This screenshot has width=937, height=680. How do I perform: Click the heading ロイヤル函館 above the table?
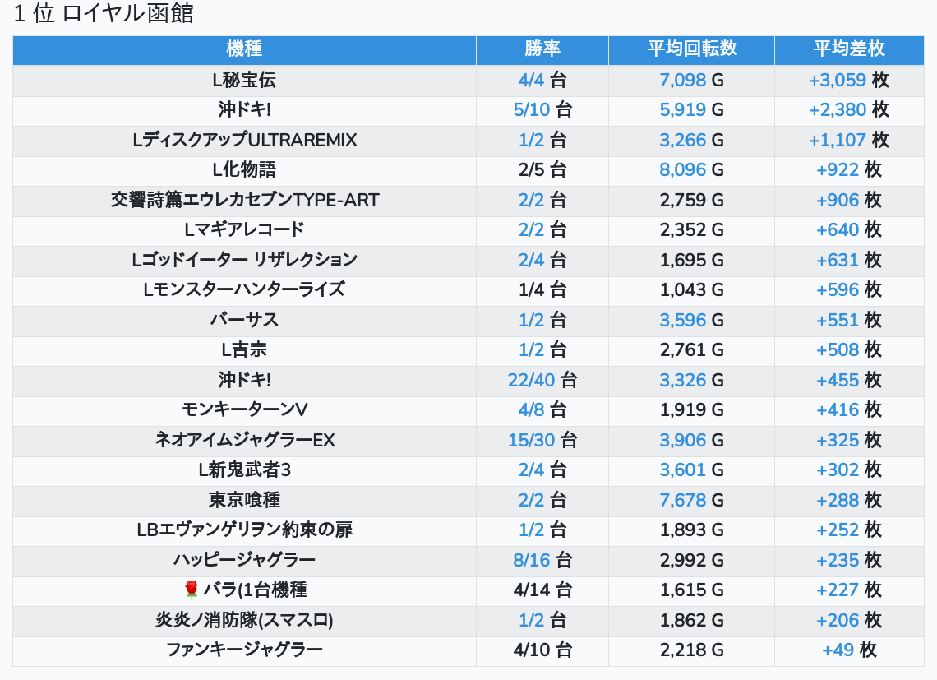pyautogui.click(x=104, y=15)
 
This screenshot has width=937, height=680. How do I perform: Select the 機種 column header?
pyautogui.click(x=244, y=49)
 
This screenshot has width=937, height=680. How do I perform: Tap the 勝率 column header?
pyautogui.click(x=542, y=49)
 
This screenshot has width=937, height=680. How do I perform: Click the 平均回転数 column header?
pyautogui.click(x=691, y=49)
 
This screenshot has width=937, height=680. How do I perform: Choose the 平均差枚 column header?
pyautogui.click(x=849, y=49)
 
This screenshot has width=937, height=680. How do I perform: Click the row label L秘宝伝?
pyautogui.click(x=244, y=80)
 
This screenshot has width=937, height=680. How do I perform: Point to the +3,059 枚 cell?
pyautogui.click(x=849, y=80)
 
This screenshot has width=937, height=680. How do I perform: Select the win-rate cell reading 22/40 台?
pyautogui.click(x=542, y=380)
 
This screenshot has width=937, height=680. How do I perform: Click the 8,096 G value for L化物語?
pyautogui.click(x=691, y=170)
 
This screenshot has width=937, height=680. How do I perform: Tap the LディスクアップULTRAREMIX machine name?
pyautogui.click(x=244, y=141)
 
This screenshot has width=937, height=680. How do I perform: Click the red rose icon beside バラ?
pyautogui.click(x=192, y=590)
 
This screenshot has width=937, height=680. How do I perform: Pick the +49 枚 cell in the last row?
pyautogui.click(x=849, y=650)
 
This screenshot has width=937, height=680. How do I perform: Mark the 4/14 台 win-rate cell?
pyautogui.click(x=542, y=590)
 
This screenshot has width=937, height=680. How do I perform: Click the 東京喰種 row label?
pyautogui.click(x=244, y=500)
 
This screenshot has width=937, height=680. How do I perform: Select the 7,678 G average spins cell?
pyautogui.click(x=691, y=500)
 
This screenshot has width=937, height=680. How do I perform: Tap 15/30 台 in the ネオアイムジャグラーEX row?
pyautogui.click(x=542, y=440)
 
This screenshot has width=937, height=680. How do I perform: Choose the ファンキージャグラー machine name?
pyautogui.click(x=244, y=650)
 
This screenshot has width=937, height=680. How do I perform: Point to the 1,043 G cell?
pyautogui.click(x=691, y=290)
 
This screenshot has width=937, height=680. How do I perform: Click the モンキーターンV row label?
pyautogui.click(x=244, y=410)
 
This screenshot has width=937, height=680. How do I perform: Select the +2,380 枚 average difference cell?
pyautogui.click(x=849, y=110)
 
